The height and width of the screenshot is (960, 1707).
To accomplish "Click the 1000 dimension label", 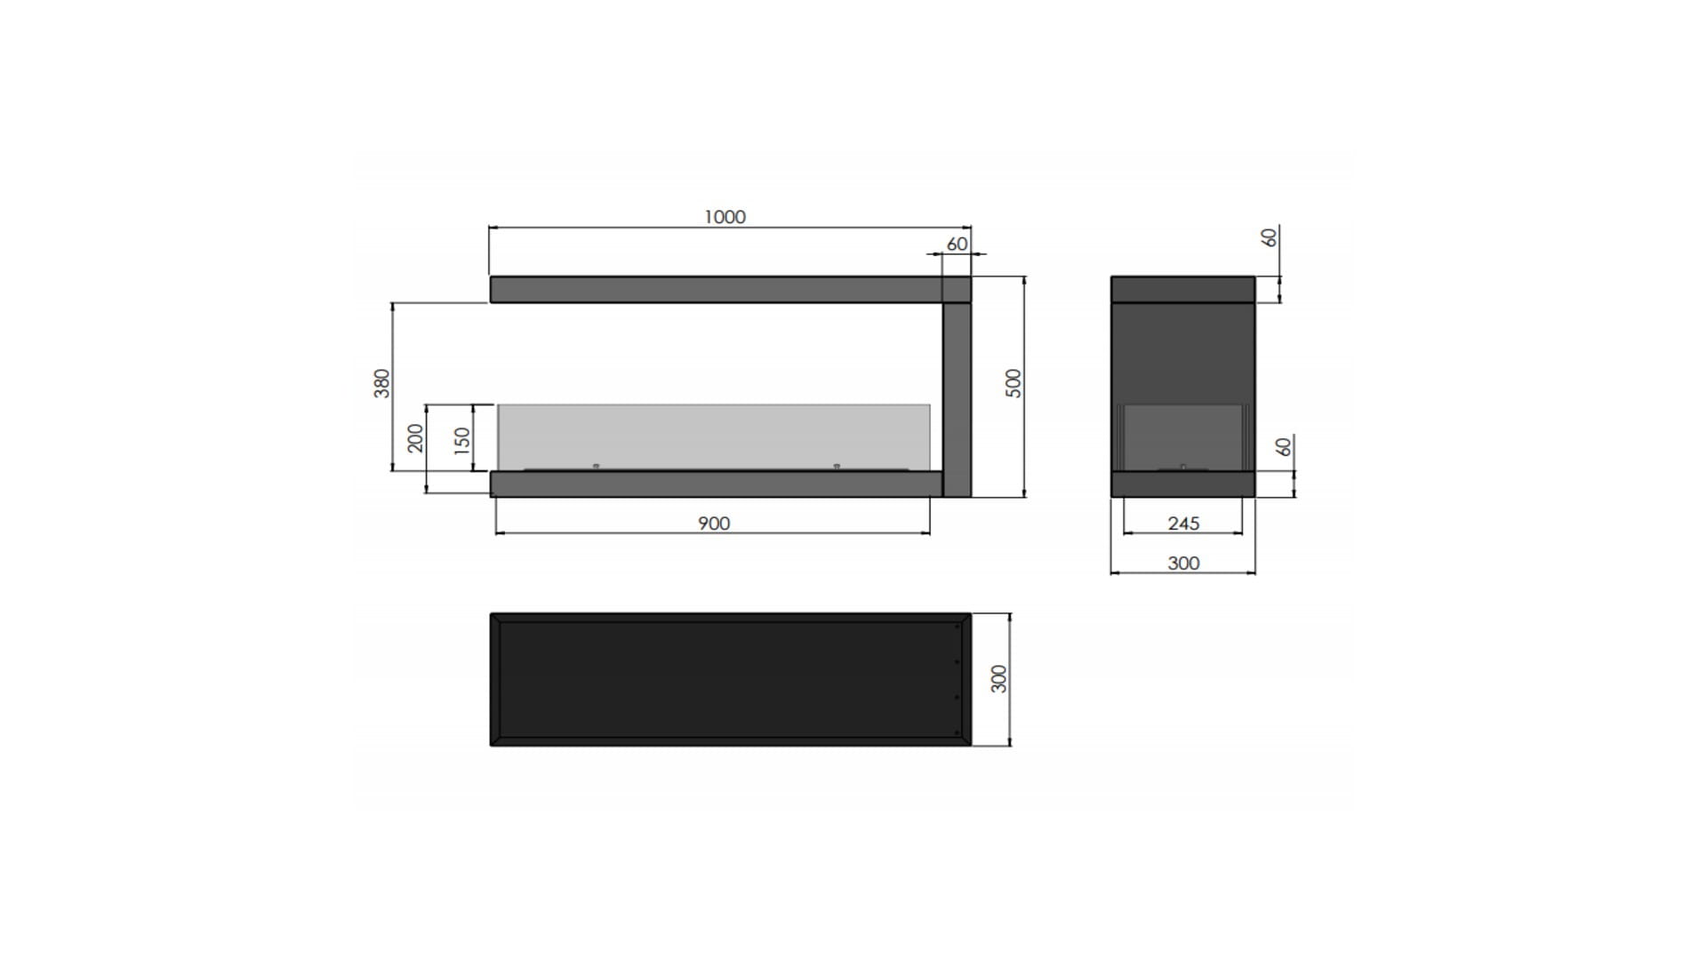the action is (x=725, y=217).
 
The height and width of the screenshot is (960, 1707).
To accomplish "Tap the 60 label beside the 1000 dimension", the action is (x=957, y=244).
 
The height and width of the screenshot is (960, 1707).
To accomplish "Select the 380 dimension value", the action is (x=381, y=383).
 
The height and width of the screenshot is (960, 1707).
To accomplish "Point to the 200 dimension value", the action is (x=415, y=438).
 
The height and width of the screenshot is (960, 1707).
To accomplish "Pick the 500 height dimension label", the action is (x=1014, y=383).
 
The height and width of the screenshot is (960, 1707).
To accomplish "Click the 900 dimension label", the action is (x=714, y=524).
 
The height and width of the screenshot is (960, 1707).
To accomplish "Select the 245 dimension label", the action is (x=1183, y=524).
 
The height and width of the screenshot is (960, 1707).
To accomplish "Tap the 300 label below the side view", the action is (x=1183, y=563).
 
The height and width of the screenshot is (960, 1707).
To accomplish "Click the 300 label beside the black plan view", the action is (x=999, y=678).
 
